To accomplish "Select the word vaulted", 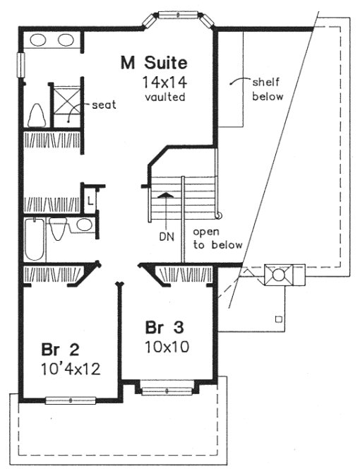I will pos(163,97).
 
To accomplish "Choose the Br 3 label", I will pos(164,328).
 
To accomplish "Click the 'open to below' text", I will pos(217,238).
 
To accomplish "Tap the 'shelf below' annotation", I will pos(267,89).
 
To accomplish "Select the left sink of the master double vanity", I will pos(37,40).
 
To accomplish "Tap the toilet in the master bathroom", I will pos(36,114).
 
